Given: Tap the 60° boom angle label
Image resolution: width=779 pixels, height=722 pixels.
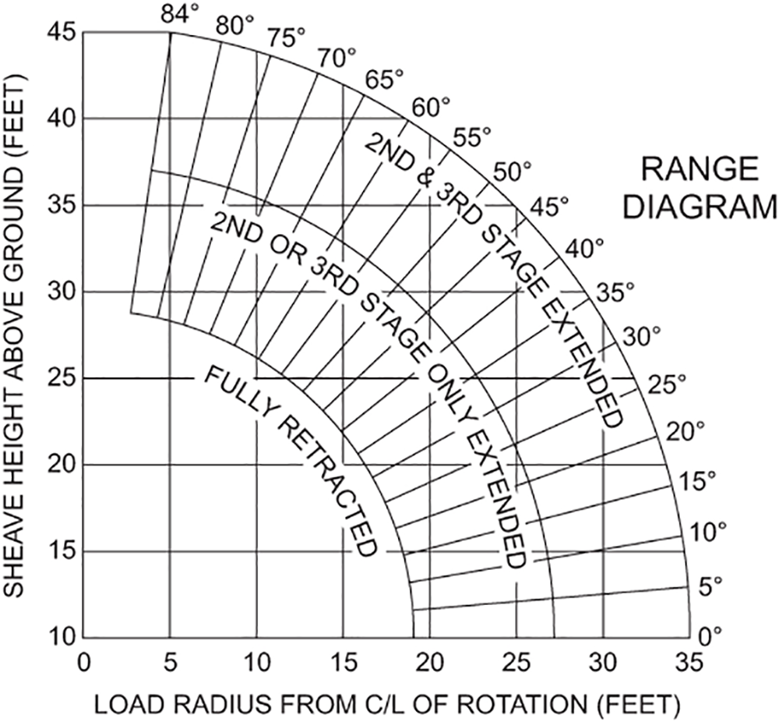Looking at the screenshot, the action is point(432,108).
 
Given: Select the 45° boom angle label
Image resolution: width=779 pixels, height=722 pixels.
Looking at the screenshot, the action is point(550,207).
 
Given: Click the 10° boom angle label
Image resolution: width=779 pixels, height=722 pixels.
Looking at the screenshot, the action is point(709,533).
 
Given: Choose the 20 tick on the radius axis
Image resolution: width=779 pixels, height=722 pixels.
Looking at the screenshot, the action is point(430,663).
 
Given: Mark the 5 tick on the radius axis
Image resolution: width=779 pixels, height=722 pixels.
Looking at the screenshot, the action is point(170,663).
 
